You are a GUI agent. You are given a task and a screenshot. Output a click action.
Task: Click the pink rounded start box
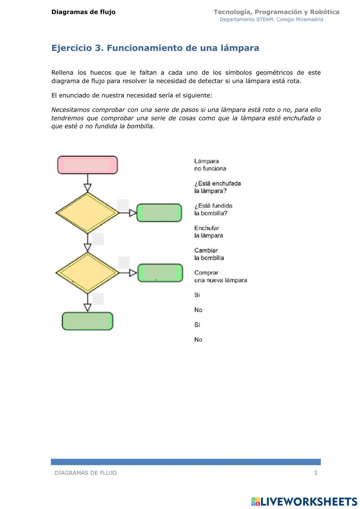(87, 165)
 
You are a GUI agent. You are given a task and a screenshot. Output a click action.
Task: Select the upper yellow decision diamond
(87, 213)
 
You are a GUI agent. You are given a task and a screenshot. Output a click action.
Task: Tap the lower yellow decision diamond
(87, 273)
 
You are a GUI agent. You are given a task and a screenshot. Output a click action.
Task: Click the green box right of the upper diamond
(159, 213)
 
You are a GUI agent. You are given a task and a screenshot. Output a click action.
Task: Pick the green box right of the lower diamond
(160, 273)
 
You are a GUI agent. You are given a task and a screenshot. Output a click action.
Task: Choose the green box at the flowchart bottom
(87, 321)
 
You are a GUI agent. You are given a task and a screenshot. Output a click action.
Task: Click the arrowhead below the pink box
(87, 188)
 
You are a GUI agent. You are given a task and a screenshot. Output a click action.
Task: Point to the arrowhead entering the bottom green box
(87, 307)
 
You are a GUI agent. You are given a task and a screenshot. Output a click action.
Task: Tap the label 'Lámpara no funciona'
(210, 165)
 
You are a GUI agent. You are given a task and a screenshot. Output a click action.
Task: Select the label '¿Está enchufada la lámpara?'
(217, 187)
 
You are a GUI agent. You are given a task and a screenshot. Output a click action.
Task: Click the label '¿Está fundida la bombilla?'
(213, 210)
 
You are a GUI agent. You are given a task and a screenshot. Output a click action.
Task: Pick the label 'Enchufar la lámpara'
(208, 232)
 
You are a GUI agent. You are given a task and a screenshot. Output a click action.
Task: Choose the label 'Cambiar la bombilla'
(209, 254)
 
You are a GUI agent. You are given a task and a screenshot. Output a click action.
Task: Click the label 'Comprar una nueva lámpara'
(220, 277)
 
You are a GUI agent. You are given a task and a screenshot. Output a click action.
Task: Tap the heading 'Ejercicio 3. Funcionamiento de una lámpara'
(155, 48)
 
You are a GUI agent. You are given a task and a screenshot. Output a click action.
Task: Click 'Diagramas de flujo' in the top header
(84, 12)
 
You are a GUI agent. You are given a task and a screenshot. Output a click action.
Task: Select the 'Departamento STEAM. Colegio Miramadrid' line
(271, 19)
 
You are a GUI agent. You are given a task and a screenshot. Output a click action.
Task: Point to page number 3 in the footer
(315, 473)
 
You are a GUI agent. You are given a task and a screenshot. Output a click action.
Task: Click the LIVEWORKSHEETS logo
(304, 501)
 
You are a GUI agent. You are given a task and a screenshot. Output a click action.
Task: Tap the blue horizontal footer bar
(185, 462)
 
